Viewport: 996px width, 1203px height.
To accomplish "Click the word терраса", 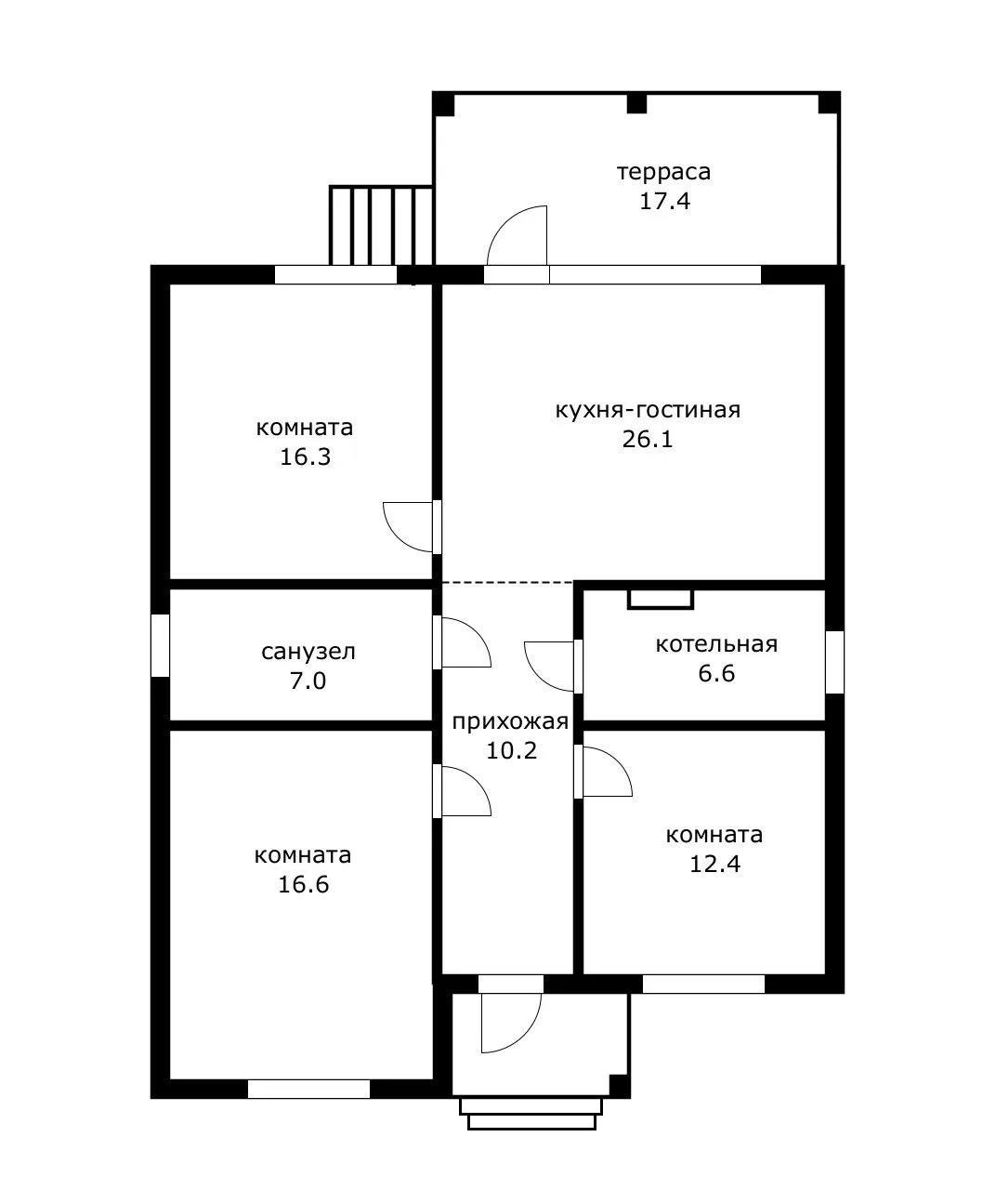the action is click(x=663, y=172).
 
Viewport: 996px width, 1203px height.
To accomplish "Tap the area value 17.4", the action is click(x=665, y=201).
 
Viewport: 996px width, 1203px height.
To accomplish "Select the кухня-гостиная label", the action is click(x=648, y=411).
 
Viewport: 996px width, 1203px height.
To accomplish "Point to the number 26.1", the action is click(x=648, y=440).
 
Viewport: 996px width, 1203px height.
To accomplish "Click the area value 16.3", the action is click(x=306, y=456).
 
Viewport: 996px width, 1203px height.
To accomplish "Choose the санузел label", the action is click(x=308, y=653).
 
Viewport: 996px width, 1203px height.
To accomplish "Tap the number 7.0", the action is click(x=308, y=681).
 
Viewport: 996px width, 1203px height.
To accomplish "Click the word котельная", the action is click(x=716, y=644).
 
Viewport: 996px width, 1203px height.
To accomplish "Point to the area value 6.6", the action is click(x=716, y=673).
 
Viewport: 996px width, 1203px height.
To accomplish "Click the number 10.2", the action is click(x=512, y=751).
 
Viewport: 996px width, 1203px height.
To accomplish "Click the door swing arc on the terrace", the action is click(x=504, y=222).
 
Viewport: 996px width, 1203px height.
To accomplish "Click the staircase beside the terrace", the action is click(x=381, y=225).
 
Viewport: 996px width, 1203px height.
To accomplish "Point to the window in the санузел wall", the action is click(x=160, y=645).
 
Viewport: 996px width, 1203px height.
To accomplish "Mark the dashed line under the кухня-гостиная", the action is click(x=508, y=583).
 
